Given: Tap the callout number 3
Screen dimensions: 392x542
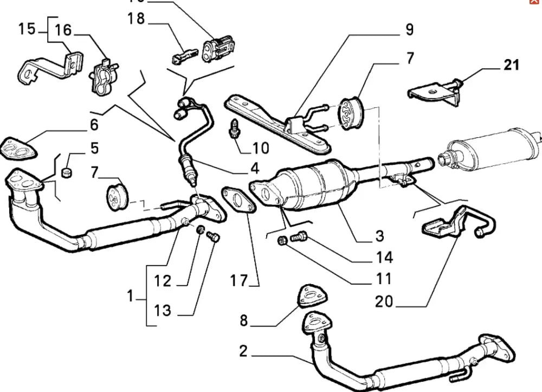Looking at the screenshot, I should point(379,235).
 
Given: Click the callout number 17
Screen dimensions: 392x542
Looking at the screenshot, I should point(238,281).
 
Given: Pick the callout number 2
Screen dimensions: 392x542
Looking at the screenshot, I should point(243,352).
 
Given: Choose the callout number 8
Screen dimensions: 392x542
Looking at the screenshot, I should point(243,321).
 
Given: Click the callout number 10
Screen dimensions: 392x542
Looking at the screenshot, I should point(260,147).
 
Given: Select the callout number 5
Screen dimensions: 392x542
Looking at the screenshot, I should point(94,147).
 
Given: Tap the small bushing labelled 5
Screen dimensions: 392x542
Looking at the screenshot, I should point(68,173).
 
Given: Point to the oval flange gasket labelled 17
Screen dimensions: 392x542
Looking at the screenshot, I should point(238,199).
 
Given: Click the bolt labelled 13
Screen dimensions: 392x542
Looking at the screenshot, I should point(212,236).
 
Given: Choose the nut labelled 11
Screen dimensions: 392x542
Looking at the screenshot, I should point(281,240).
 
